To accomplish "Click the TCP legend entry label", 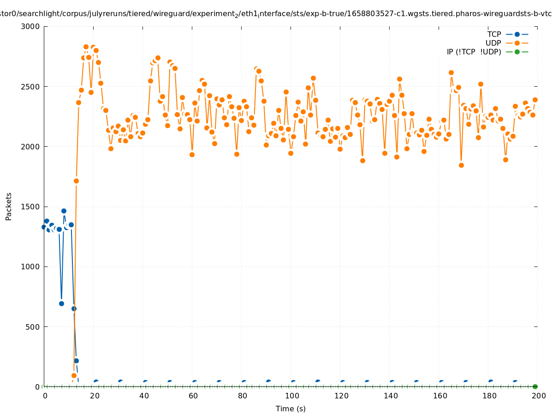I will [x=494, y=34].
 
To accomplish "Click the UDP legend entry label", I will [x=493, y=43].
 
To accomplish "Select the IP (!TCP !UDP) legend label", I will [x=474, y=52].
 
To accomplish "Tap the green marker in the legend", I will [x=517, y=52].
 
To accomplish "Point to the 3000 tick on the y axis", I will [x=31, y=26].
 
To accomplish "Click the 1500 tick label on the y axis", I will [x=31, y=207].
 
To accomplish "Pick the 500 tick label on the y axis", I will [x=33, y=327].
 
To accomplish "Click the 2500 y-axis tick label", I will [x=31, y=87].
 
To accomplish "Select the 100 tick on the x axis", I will [x=291, y=396].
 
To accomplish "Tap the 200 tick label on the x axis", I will [x=539, y=396].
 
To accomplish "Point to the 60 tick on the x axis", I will [x=193, y=396].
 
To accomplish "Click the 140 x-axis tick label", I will [x=391, y=396].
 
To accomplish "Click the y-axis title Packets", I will [x=9, y=206].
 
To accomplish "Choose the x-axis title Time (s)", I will [x=291, y=409].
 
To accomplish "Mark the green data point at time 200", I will [x=535, y=386].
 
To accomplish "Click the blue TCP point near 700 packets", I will [x=61, y=303].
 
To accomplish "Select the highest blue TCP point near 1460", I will [x=64, y=211].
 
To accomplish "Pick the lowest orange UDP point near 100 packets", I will [x=74, y=375].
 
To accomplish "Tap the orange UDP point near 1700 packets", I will [x=76, y=181].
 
